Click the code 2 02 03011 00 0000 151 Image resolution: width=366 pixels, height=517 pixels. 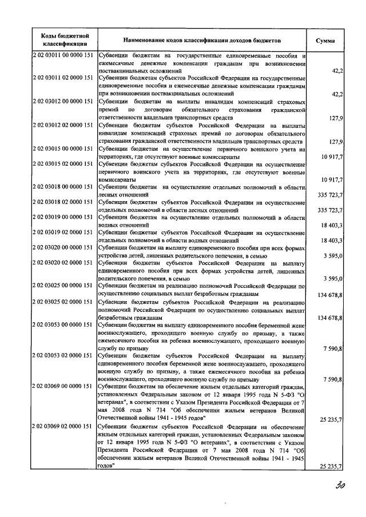pos(63,56)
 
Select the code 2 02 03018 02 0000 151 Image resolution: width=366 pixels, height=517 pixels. pos(63,203)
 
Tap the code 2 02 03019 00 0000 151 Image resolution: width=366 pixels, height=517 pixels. pos(63,218)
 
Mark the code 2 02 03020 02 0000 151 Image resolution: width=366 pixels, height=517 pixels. pos(63,263)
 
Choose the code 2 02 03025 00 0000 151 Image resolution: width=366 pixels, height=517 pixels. pos(63,286)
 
